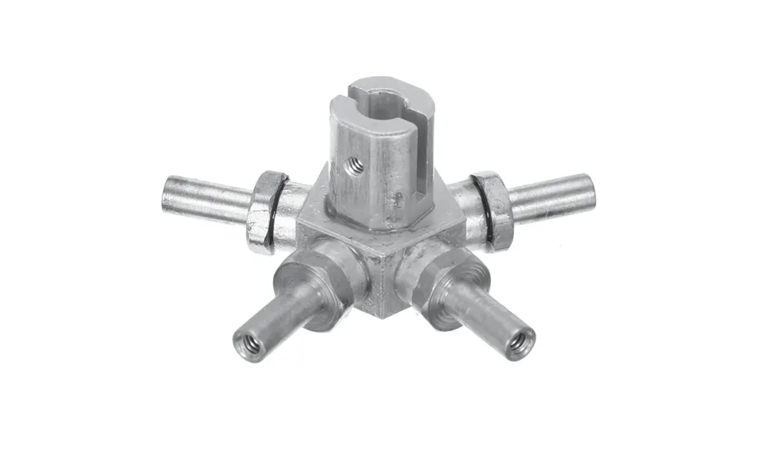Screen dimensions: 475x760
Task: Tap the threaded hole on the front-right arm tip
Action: pos(519,342)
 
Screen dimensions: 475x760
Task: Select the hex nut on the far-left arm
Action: pos(263,211)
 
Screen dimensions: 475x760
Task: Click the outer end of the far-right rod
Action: pos(588,190)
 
